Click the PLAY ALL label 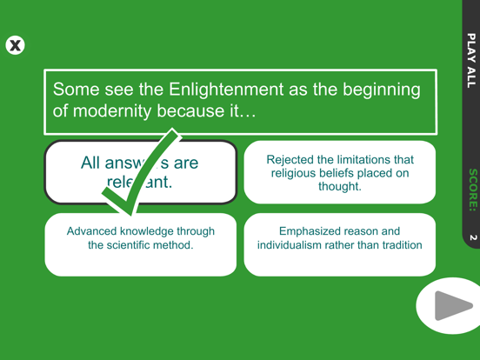pos(470,60)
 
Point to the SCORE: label pos(470,190)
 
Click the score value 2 pos(470,237)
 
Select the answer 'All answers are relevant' pos(139,172)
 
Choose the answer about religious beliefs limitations pos(339,172)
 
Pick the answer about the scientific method pos(140,238)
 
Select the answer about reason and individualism pos(339,238)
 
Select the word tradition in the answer pos(397,245)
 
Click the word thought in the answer pos(339,186)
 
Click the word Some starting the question pos(75,90)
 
